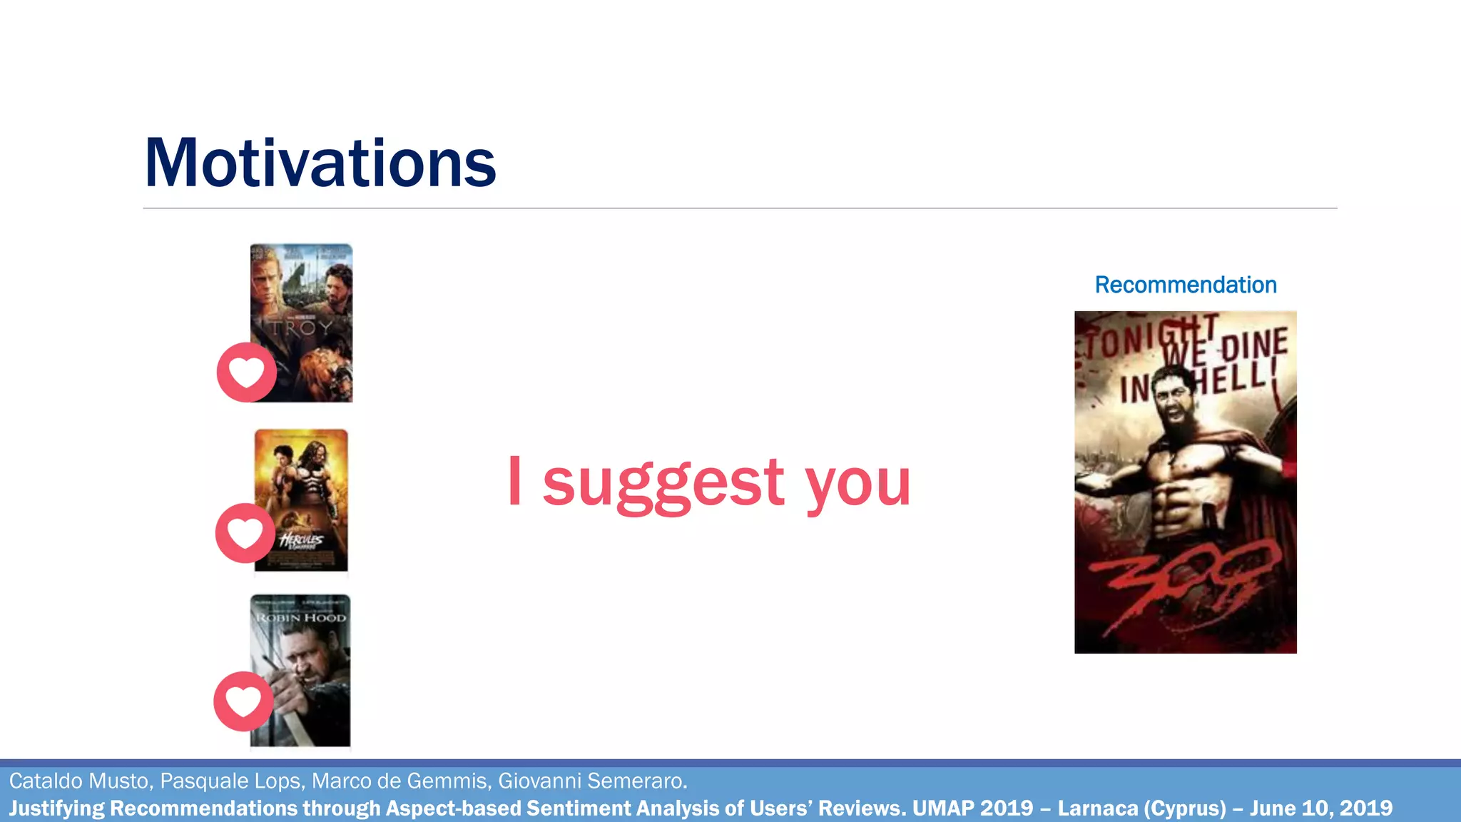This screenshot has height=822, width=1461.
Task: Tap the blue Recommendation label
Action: click(1186, 285)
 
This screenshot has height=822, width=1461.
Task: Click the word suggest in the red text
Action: click(663, 484)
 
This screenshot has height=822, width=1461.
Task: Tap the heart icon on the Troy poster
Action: click(247, 372)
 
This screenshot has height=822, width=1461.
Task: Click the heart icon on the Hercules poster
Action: click(245, 533)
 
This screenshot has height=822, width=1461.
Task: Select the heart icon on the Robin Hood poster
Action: click(243, 701)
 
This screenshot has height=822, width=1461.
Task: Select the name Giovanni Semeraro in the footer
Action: click(592, 781)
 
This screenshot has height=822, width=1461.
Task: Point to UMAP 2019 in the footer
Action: click(972, 808)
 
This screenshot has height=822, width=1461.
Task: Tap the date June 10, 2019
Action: click(1320, 808)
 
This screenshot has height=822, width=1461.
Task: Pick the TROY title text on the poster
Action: click(301, 329)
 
